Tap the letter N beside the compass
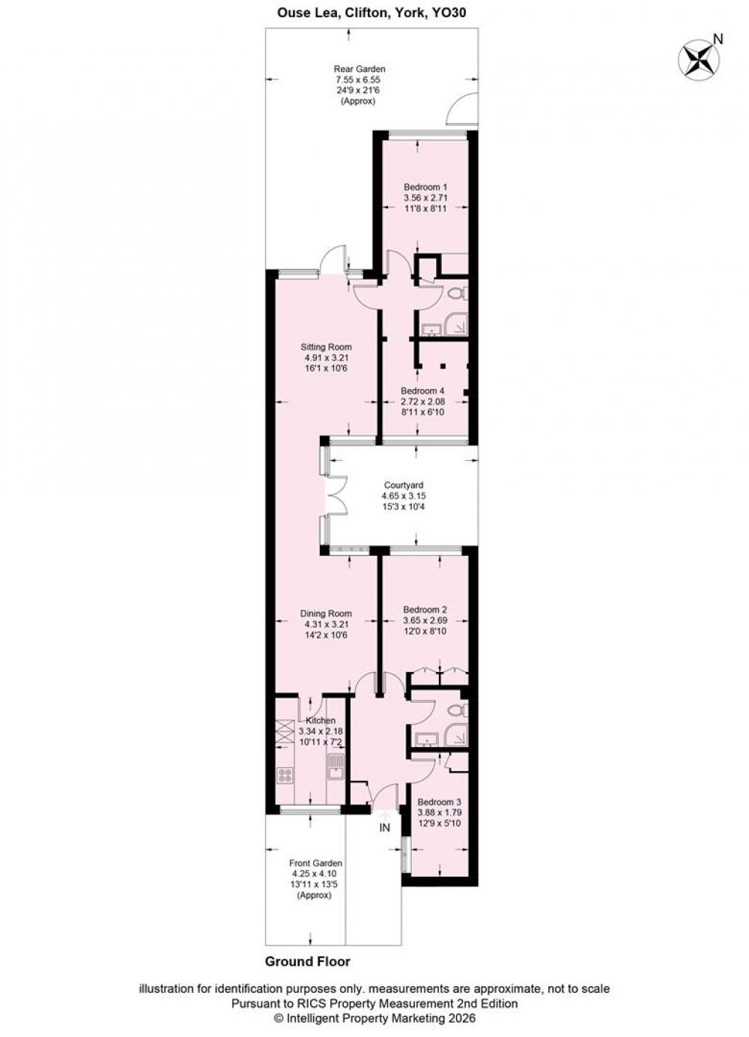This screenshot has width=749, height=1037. [718, 40]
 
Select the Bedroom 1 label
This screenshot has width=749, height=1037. [425, 187]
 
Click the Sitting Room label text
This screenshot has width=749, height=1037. [326, 347]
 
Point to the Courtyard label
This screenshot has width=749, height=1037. [403, 486]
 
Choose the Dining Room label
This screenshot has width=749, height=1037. [326, 614]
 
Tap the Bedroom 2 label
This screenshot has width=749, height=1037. [425, 610]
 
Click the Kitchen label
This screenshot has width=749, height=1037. [321, 721]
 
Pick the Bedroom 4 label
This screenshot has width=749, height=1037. [422, 390]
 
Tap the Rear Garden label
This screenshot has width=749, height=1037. [360, 69]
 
